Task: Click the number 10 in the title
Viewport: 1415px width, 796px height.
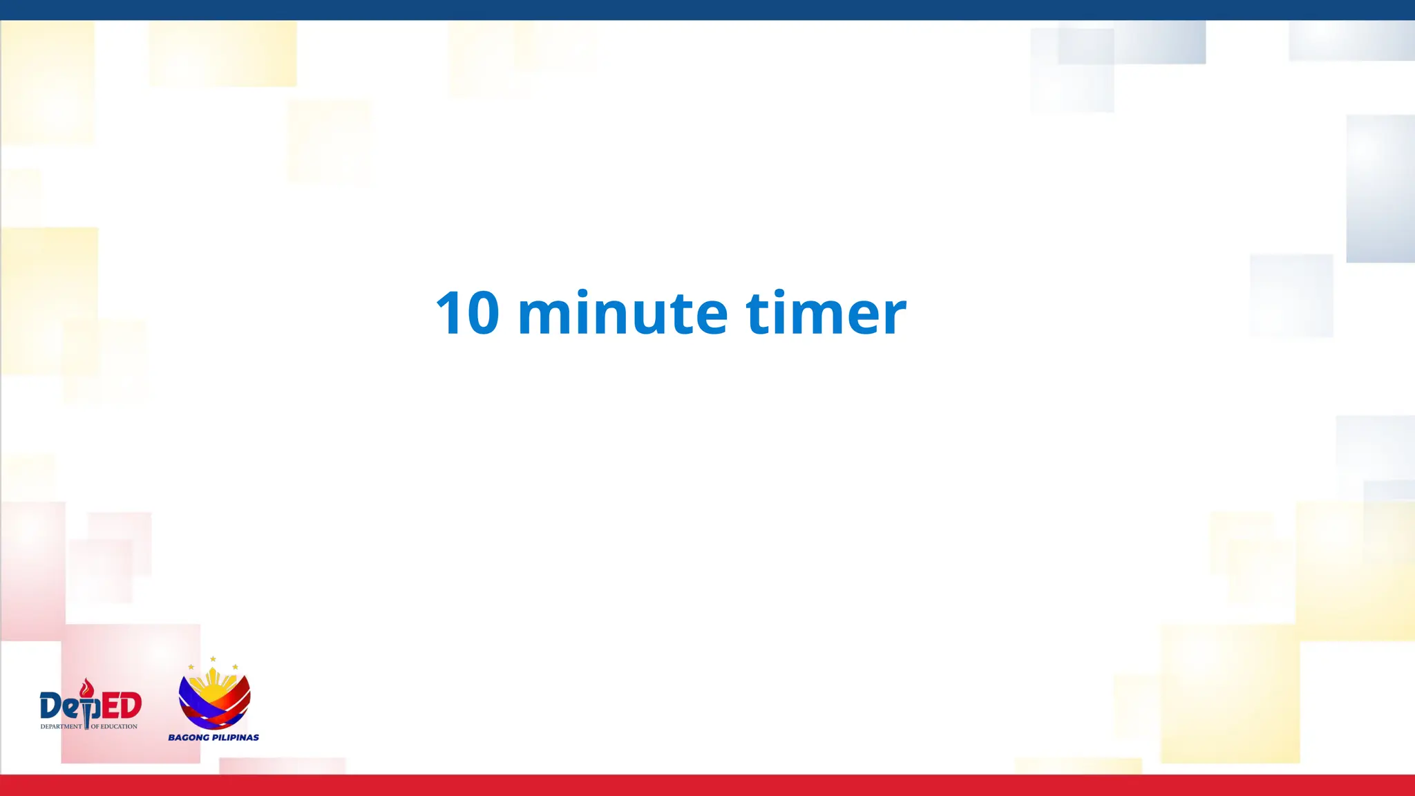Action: coord(467,313)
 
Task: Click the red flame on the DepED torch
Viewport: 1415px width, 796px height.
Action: coord(86,688)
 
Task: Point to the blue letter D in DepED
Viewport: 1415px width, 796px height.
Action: coord(52,706)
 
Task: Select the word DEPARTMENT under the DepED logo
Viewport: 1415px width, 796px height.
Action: coord(61,726)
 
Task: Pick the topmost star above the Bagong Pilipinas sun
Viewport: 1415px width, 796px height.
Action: coord(213,659)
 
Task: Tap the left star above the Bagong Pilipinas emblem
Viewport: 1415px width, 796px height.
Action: coord(191,667)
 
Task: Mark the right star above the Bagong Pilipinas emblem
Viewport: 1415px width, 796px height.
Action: coord(235,667)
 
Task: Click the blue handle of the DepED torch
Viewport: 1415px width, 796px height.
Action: coord(87,719)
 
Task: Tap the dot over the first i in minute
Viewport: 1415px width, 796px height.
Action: coord(583,293)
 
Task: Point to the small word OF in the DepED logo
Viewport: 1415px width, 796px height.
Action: coord(95,726)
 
